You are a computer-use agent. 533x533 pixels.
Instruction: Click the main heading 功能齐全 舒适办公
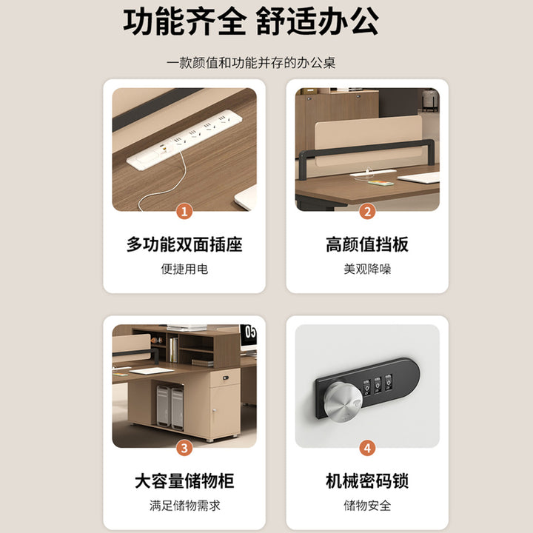click(x=251, y=21)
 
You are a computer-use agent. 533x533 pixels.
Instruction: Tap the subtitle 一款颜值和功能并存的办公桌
click(x=251, y=63)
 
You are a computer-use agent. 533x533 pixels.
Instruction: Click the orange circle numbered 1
click(x=184, y=212)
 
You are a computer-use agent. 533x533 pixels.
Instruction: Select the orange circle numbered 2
click(x=367, y=212)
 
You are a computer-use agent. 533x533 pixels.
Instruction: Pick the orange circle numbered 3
click(x=184, y=448)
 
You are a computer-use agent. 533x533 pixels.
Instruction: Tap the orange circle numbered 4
click(x=367, y=448)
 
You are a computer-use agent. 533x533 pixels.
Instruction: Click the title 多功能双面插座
click(x=184, y=244)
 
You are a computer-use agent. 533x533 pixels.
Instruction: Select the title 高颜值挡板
click(x=367, y=244)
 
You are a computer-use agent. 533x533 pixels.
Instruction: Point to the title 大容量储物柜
click(x=184, y=481)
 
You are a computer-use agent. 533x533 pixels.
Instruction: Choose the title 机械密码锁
click(x=367, y=481)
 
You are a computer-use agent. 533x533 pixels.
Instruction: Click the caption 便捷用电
click(x=184, y=269)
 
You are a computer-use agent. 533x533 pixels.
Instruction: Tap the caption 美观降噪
click(x=367, y=269)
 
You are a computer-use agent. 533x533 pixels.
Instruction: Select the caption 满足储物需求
click(x=184, y=506)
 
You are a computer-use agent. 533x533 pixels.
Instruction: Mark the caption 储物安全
click(x=367, y=506)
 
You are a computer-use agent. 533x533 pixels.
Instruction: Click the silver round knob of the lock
click(x=343, y=402)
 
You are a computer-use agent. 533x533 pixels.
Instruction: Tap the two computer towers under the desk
click(x=170, y=407)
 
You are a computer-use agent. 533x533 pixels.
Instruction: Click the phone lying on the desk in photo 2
click(x=381, y=184)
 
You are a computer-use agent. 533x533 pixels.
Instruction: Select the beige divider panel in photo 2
click(x=368, y=139)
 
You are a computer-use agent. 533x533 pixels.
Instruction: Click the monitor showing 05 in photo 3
click(x=249, y=336)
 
